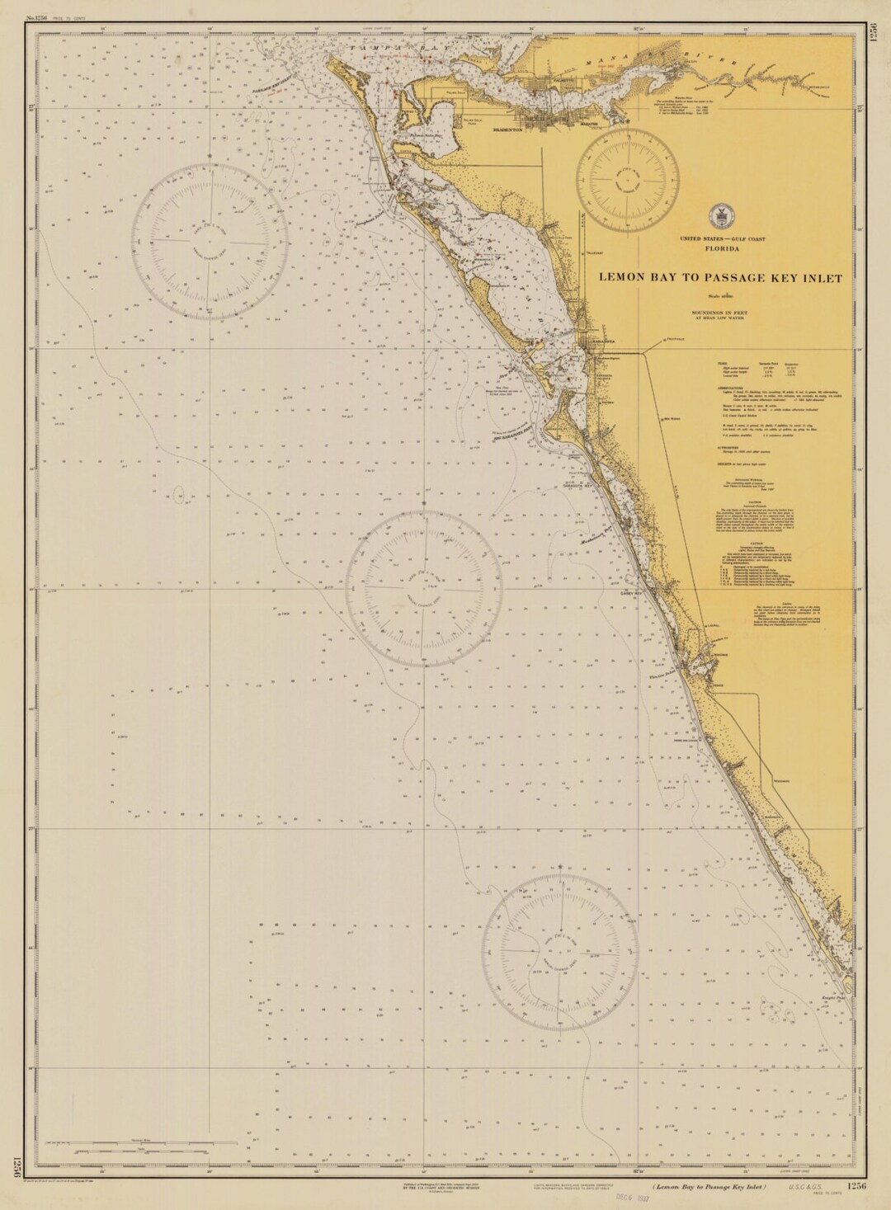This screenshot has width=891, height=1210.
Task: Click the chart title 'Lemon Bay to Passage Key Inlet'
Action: coord(720,279)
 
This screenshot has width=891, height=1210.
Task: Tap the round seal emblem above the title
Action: coord(719,217)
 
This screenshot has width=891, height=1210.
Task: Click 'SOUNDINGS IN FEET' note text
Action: coord(721,313)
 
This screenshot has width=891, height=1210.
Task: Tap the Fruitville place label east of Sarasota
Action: coord(675,339)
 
